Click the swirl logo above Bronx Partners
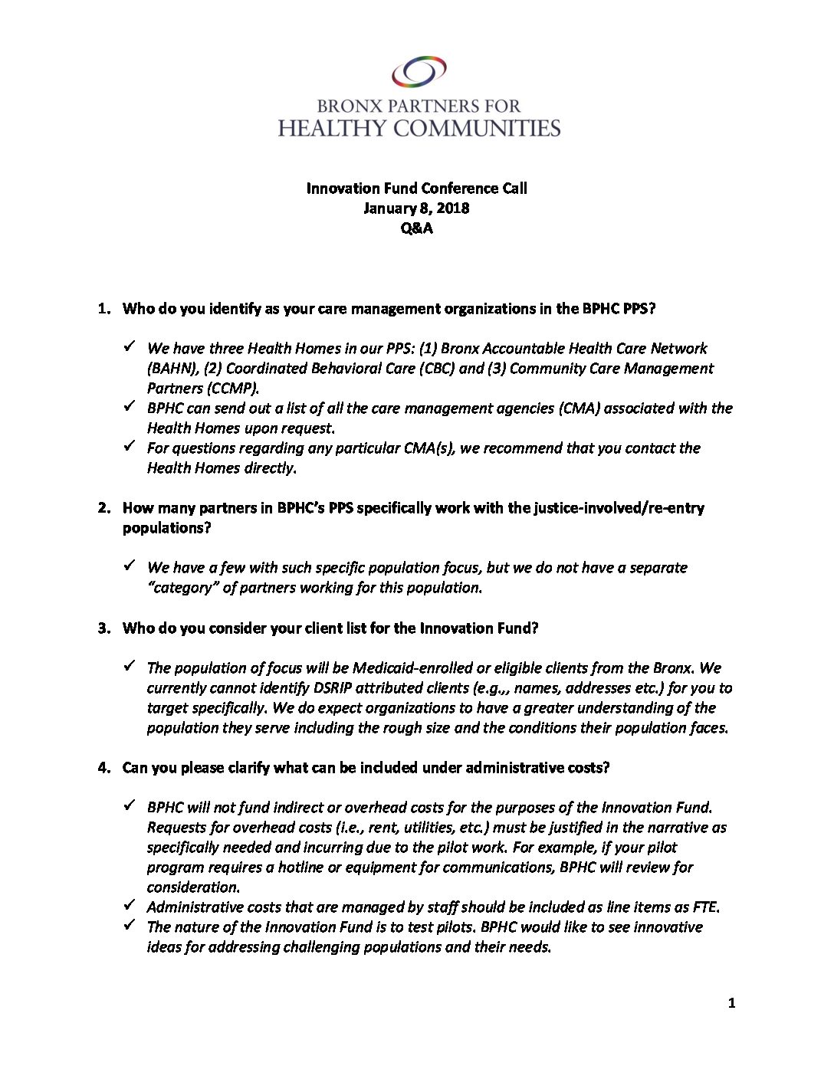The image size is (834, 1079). coord(419,73)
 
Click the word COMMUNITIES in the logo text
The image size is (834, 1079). coord(476,128)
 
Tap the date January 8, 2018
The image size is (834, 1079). coord(416,208)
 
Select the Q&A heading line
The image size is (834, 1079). coord(416,228)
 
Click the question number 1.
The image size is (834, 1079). coord(103,309)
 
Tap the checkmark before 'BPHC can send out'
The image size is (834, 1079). coord(130,406)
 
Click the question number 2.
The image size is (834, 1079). coord(103,508)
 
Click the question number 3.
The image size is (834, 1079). coord(103,628)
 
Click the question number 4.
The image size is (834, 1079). coord(103,768)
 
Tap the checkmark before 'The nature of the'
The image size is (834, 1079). coord(130,925)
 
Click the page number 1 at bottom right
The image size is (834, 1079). coord(731,1003)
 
